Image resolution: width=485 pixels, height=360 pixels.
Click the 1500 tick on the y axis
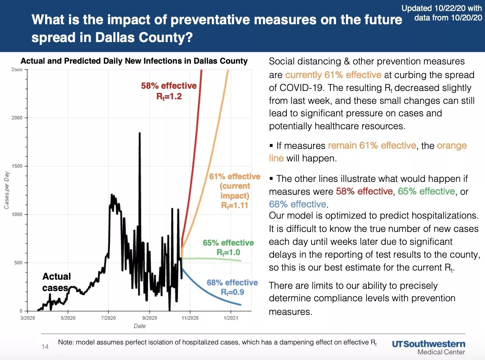tap(17, 166)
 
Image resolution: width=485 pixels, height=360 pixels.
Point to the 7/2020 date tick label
tap(108, 317)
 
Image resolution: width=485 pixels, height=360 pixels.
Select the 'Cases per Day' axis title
tap(6, 190)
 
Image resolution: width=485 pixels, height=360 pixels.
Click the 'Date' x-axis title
tap(139, 326)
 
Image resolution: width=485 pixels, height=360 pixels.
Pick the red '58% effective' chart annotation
tap(169, 86)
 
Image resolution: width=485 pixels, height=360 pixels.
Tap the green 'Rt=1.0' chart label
tap(228, 252)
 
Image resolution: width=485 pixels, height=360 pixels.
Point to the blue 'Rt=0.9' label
tap(233, 292)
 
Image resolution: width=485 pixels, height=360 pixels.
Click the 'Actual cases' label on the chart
tap(56, 282)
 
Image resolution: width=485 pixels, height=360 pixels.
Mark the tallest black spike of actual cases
tap(140, 133)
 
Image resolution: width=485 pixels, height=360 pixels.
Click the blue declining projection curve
tap(212, 292)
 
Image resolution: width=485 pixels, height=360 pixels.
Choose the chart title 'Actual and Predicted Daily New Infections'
tap(134, 61)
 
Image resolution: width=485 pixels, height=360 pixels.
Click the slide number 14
tap(45, 346)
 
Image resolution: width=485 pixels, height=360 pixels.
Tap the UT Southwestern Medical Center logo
tap(428, 347)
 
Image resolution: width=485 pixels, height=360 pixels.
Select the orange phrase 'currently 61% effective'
tap(333, 75)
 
